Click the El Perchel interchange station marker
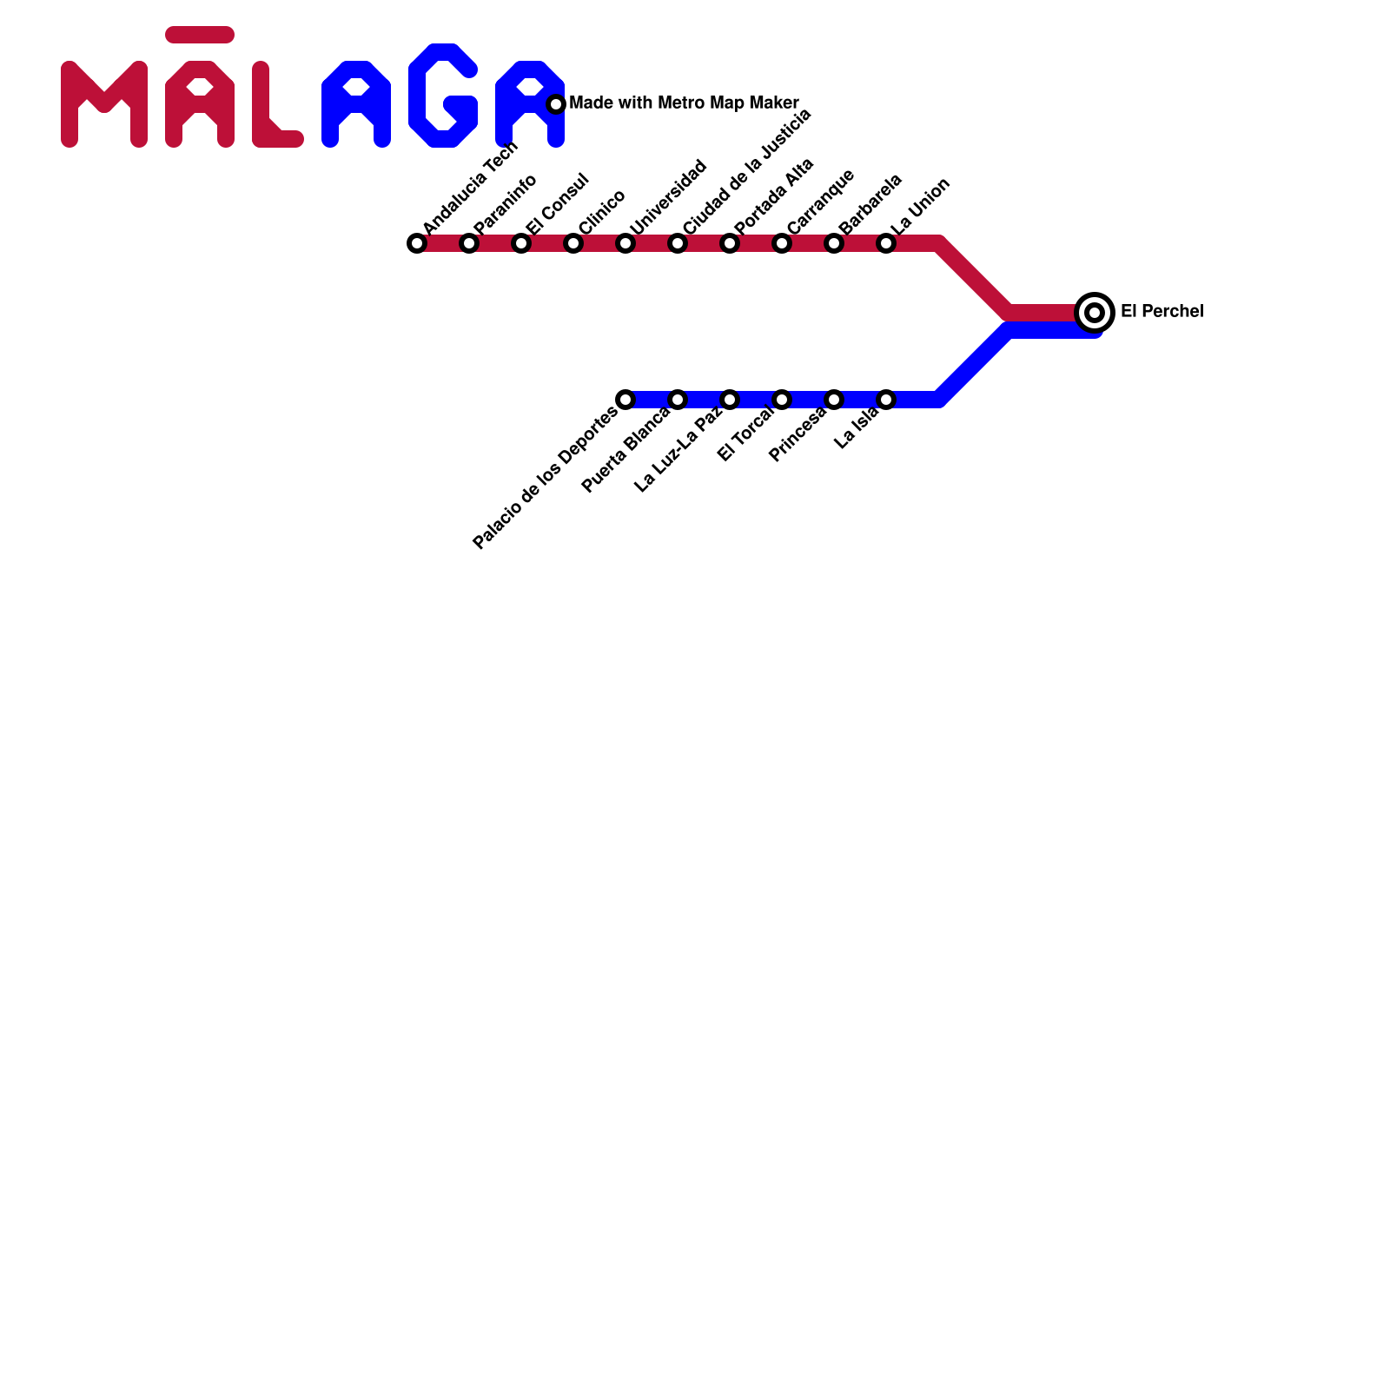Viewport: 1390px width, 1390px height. [x=1095, y=312]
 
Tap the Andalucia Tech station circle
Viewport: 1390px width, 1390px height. [x=417, y=243]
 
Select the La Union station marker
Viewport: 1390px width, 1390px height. [x=886, y=243]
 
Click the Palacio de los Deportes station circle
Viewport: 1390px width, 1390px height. [x=625, y=400]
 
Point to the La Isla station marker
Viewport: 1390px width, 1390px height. [x=886, y=400]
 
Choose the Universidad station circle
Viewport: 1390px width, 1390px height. [x=625, y=243]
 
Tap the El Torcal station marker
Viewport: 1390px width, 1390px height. [x=782, y=400]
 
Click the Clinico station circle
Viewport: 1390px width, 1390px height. [x=573, y=243]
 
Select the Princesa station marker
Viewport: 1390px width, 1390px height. [x=834, y=400]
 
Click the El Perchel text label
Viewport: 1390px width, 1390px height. [x=1162, y=311]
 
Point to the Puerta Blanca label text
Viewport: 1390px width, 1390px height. [x=625, y=450]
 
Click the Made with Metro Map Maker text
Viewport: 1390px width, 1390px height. [x=684, y=103]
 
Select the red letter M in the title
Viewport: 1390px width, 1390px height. [x=104, y=104]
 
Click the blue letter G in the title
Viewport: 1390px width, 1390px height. [x=443, y=96]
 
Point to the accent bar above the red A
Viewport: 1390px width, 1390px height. [x=200, y=35]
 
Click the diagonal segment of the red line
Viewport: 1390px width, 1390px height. [x=973, y=278]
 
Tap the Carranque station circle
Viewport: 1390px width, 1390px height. [x=782, y=243]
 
